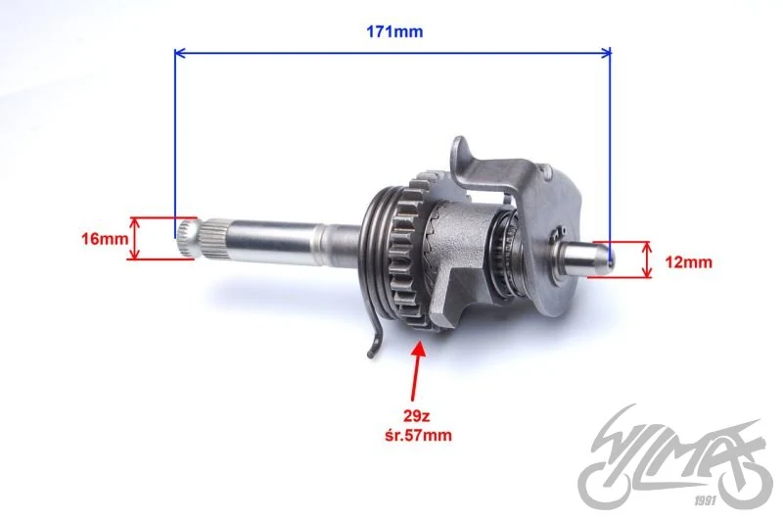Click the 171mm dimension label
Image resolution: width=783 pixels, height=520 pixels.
tap(394, 31)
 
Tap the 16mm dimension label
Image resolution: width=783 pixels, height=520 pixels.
tap(105, 239)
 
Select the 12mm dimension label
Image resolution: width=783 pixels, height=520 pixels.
tap(689, 261)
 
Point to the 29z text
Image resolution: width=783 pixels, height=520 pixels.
tap(417, 415)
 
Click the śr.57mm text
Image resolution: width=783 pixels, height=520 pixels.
tap(418, 435)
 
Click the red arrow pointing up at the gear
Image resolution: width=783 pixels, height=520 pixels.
tap(417, 370)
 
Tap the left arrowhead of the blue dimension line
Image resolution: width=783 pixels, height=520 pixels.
tap(180, 53)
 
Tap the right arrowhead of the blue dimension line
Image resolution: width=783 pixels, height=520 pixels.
tap(605, 53)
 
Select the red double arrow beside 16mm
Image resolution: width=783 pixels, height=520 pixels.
tap(134, 239)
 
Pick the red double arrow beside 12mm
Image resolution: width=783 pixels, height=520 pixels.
tap(647, 260)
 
